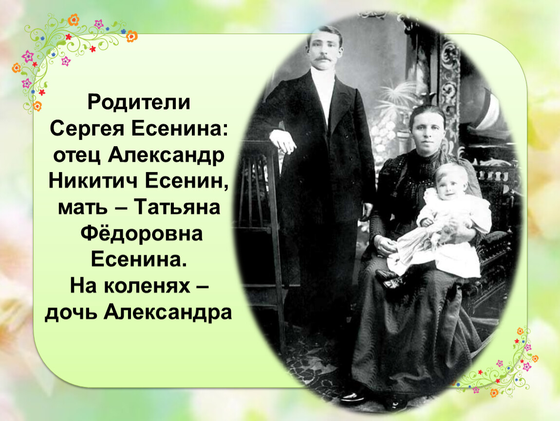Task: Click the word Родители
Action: (x=139, y=102)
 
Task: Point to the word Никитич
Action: (x=93, y=181)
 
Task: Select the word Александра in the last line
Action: (x=168, y=313)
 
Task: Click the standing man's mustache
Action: (x=322, y=58)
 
